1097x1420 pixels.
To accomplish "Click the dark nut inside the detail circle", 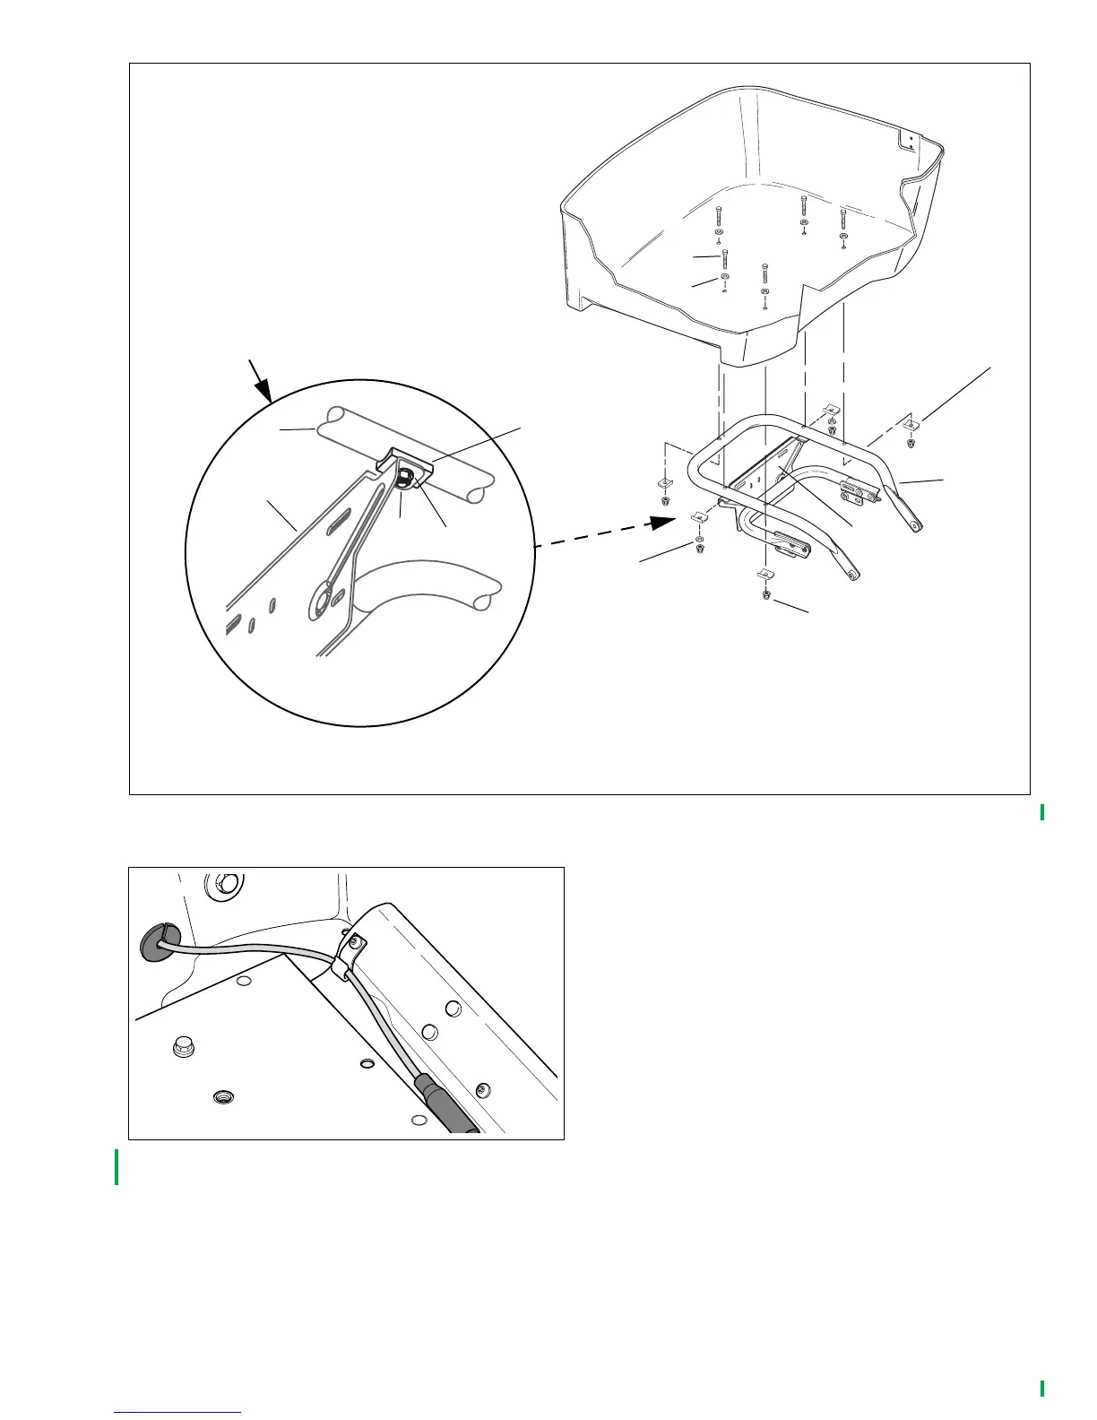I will (406, 474).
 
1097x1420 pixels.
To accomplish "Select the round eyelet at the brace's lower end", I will (319, 598).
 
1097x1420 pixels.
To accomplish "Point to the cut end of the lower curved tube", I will (484, 595).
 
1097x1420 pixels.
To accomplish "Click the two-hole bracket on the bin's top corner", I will (909, 142).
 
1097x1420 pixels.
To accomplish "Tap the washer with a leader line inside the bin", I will (724, 279).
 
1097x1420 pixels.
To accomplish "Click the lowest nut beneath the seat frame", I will (765, 594).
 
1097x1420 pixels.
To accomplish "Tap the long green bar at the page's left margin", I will (117, 1167).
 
